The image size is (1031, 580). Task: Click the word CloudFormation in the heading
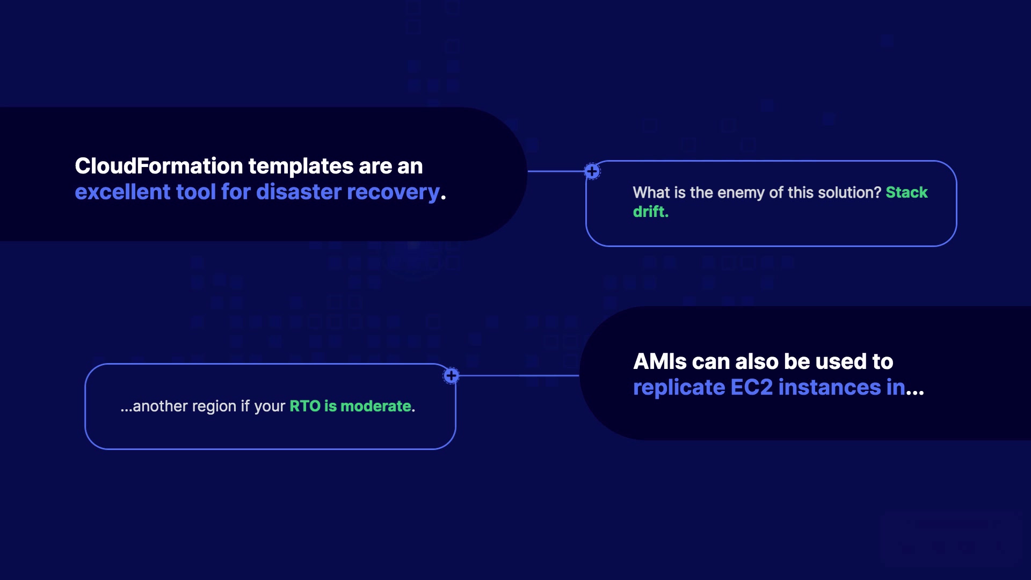[158, 166]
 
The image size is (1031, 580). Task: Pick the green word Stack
[906, 192]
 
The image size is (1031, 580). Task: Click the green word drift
[650, 212]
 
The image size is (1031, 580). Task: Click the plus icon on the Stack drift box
[592, 172]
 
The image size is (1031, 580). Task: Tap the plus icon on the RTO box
[451, 375]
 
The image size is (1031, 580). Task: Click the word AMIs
[660, 362]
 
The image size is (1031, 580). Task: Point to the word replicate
[679, 388]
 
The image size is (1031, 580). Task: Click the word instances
[830, 388]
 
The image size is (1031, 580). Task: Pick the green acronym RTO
[304, 407]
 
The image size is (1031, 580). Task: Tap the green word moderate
[375, 407]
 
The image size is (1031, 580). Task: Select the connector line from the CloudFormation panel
[556, 171]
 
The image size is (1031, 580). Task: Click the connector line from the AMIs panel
[518, 375]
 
